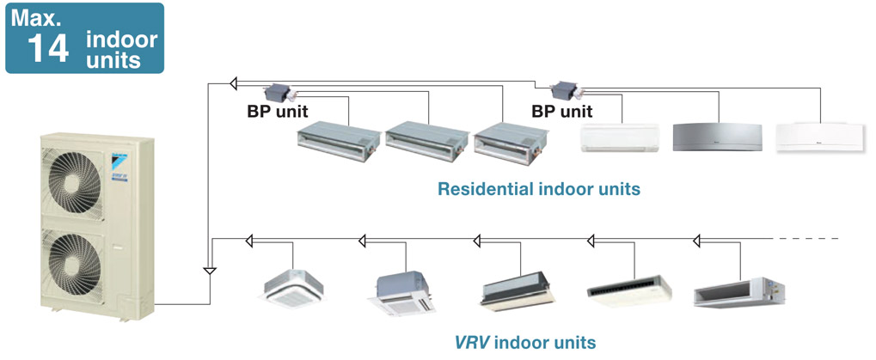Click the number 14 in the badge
click(x=48, y=49)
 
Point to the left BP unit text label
click(x=278, y=112)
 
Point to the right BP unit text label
click(x=562, y=112)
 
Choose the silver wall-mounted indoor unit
click(x=717, y=137)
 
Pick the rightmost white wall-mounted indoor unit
click(x=819, y=137)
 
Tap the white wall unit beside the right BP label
click(x=620, y=137)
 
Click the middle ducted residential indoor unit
click(x=426, y=142)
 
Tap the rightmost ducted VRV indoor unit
click(x=738, y=292)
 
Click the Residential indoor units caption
click(x=538, y=189)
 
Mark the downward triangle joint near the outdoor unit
click(x=210, y=272)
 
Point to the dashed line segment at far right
click(x=806, y=239)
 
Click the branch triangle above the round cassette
click(x=249, y=241)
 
